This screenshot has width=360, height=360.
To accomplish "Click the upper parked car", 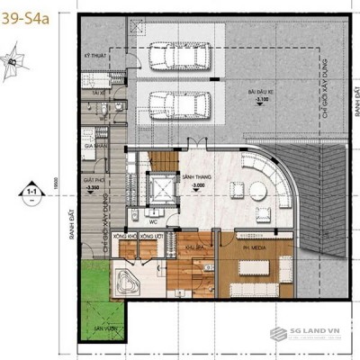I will point(176,59).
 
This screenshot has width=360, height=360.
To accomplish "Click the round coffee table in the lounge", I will point(258,191).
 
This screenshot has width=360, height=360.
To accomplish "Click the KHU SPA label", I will point(192,246).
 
